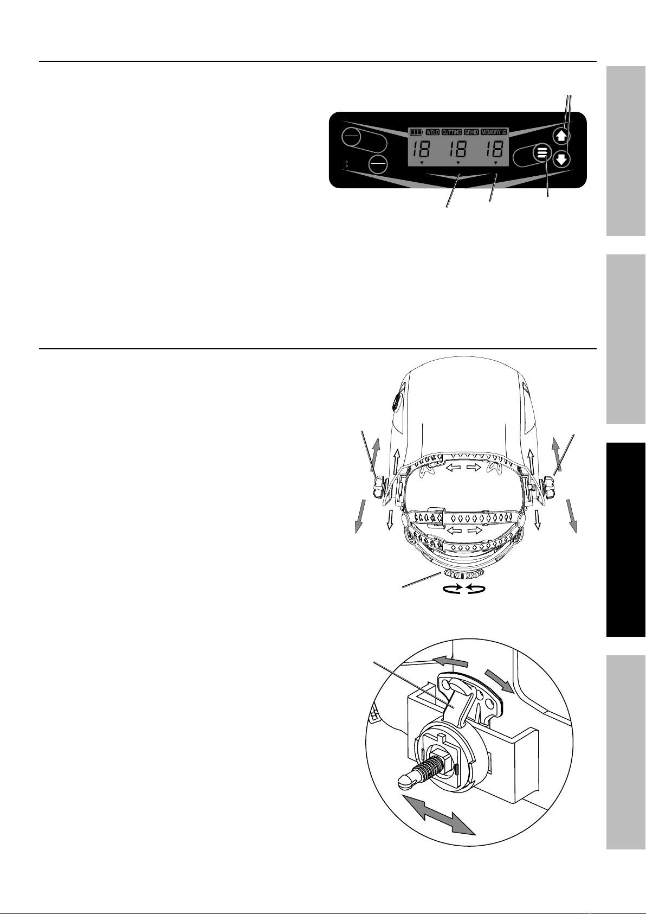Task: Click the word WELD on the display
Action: pos(432,132)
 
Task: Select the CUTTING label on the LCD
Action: pos(451,132)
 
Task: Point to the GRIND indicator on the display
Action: pos(471,132)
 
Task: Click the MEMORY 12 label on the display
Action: pos(494,132)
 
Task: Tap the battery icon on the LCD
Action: pos(417,132)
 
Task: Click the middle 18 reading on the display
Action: pos(458,150)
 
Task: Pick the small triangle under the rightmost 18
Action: pos(495,163)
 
